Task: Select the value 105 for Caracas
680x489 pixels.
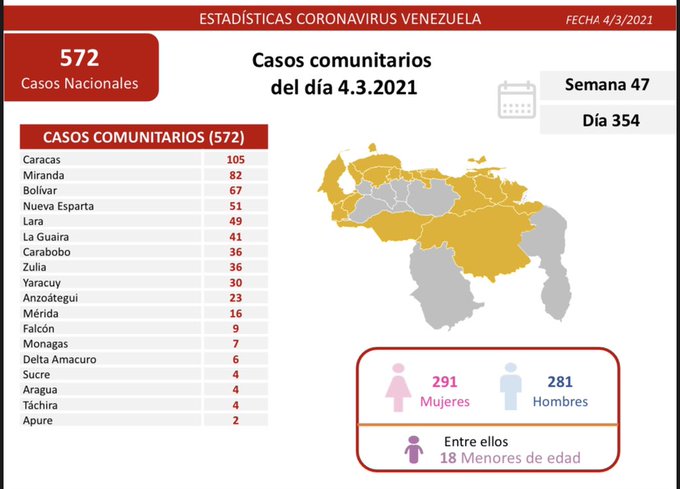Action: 236,159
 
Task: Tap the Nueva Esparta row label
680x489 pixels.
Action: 57,206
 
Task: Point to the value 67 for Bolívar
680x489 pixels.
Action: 236,190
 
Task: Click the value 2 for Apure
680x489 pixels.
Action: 236,421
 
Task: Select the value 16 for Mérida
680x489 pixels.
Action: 236,313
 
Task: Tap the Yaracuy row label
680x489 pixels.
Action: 41,282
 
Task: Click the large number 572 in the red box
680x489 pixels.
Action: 80,58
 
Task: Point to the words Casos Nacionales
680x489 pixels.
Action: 80,83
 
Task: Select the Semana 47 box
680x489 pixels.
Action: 607,84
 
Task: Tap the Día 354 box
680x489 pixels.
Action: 607,121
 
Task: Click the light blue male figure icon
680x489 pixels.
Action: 510,388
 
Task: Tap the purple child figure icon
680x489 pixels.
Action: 414,451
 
